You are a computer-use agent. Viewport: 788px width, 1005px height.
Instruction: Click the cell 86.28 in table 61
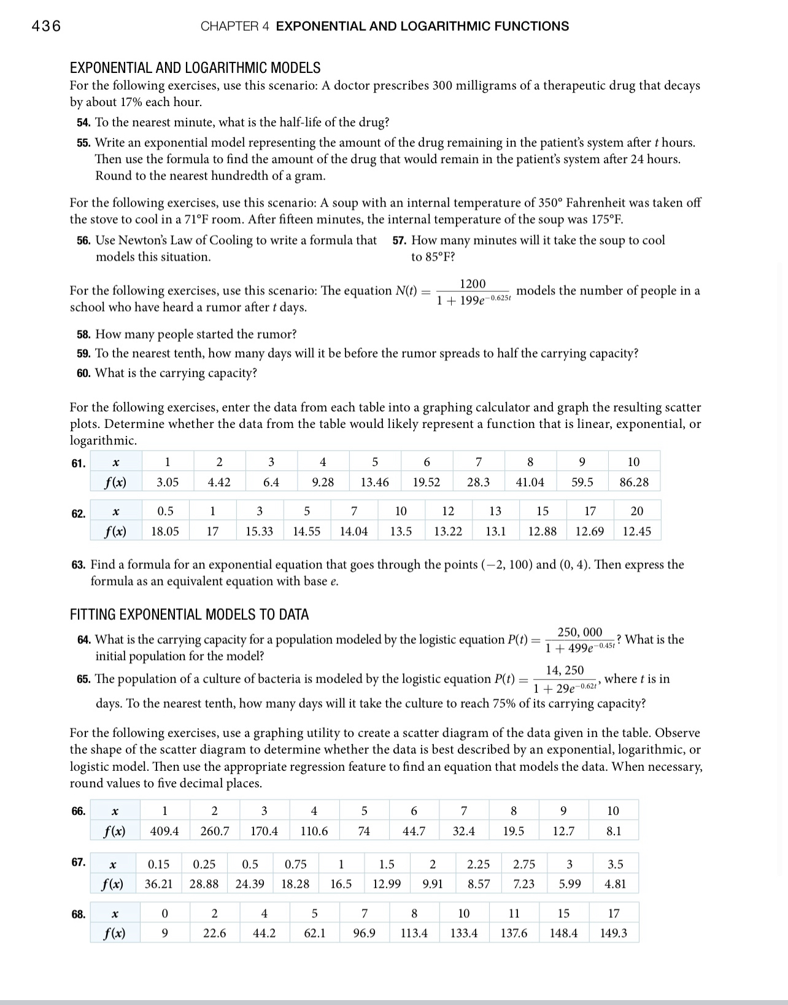click(634, 482)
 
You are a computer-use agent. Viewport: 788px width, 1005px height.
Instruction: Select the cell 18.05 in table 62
click(165, 531)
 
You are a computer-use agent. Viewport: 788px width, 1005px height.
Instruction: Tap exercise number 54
click(83, 122)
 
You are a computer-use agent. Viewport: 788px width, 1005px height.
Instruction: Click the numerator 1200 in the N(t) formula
click(473, 284)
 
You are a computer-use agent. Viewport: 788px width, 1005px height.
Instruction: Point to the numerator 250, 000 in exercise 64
click(579, 632)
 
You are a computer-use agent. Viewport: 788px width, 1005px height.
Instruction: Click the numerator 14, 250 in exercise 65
click(565, 670)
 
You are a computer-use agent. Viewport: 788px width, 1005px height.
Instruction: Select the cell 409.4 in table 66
click(164, 831)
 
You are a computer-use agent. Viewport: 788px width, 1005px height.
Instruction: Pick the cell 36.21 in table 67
click(158, 884)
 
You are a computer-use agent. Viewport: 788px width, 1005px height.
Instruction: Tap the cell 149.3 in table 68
click(613, 933)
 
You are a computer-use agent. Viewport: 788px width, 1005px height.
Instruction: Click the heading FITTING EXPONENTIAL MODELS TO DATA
click(189, 614)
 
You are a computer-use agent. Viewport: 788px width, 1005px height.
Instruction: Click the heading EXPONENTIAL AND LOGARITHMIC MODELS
click(195, 67)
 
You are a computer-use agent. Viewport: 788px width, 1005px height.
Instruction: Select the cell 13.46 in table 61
click(374, 482)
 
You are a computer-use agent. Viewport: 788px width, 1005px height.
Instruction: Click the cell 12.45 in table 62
click(636, 531)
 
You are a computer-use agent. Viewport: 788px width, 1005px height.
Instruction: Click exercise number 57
click(400, 240)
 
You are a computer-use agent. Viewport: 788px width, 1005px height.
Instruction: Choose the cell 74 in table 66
click(364, 831)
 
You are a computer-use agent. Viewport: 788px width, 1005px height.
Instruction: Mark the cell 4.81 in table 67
click(615, 884)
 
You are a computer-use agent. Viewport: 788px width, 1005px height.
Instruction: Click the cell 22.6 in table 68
click(214, 933)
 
